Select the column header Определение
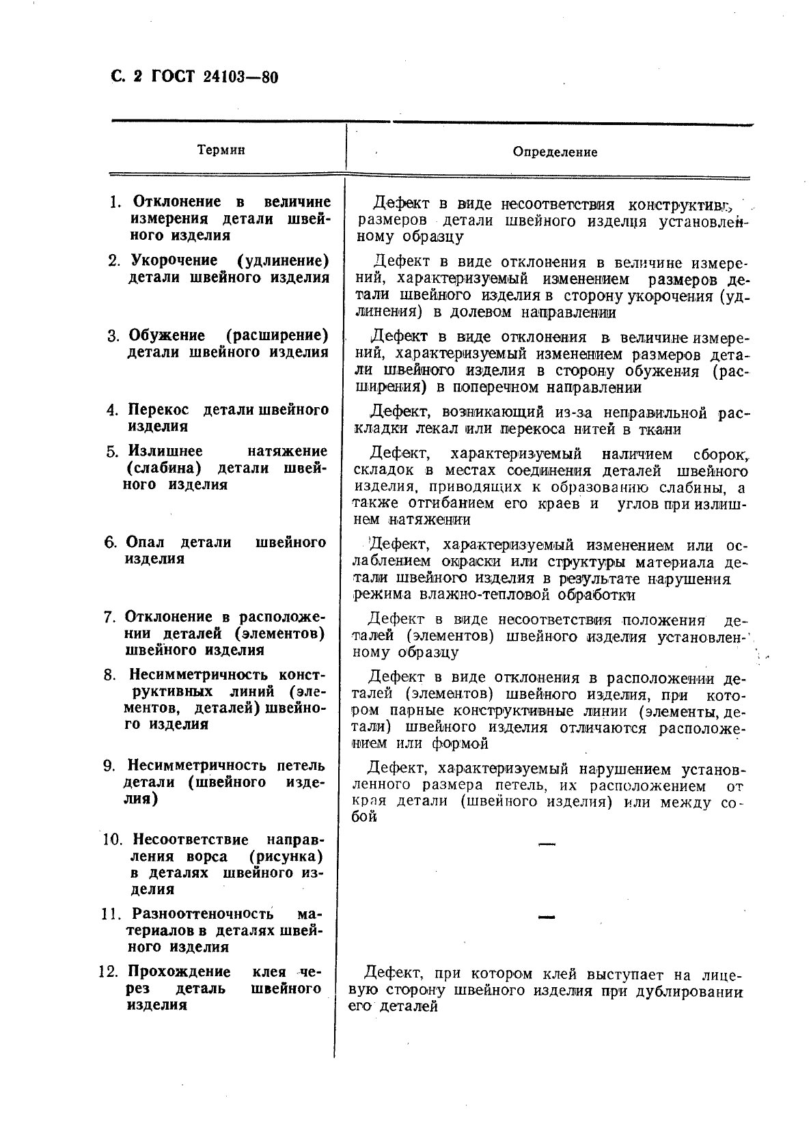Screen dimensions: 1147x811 click(555, 152)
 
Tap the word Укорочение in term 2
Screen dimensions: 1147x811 click(174, 260)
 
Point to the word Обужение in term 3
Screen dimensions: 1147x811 click(167, 335)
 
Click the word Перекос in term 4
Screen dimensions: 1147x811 click(159, 410)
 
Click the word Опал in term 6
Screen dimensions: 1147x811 click(146, 542)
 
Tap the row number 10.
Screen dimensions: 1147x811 click(111, 839)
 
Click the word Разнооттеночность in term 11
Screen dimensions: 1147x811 click(202, 914)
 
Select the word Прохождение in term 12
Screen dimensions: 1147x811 click(179, 971)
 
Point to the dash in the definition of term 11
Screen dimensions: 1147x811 click(547, 917)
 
